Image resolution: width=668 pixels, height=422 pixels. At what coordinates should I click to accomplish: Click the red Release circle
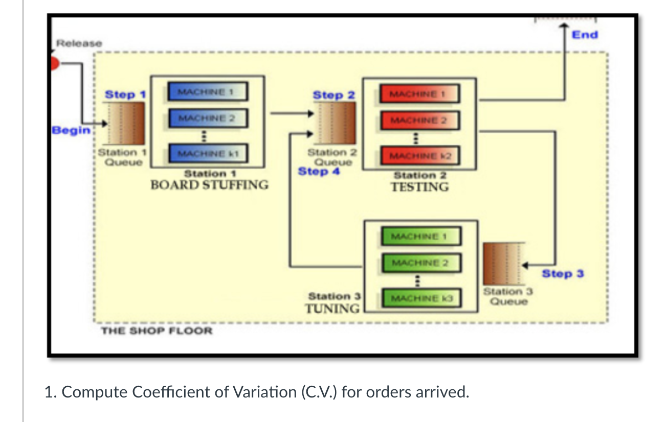(x=54, y=63)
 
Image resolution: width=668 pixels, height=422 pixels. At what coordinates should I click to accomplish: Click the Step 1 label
(x=125, y=95)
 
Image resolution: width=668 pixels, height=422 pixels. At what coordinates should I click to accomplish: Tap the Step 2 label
(x=333, y=95)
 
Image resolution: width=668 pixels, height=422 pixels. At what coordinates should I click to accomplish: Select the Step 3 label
(x=563, y=273)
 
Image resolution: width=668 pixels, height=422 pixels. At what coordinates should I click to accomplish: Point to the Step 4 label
(x=319, y=172)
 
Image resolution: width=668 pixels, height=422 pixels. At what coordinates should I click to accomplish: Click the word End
(x=585, y=35)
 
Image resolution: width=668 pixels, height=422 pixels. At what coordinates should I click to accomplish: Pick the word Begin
(x=71, y=130)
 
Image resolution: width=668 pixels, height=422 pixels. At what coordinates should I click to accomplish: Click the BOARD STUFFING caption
(x=209, y=184)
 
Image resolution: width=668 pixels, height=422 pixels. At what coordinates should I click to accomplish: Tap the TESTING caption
(x=419, y=186)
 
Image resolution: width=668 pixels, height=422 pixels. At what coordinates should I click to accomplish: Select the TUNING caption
(x=332, y=308)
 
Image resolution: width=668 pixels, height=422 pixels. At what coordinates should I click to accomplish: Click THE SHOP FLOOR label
(x=156, y=331)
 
